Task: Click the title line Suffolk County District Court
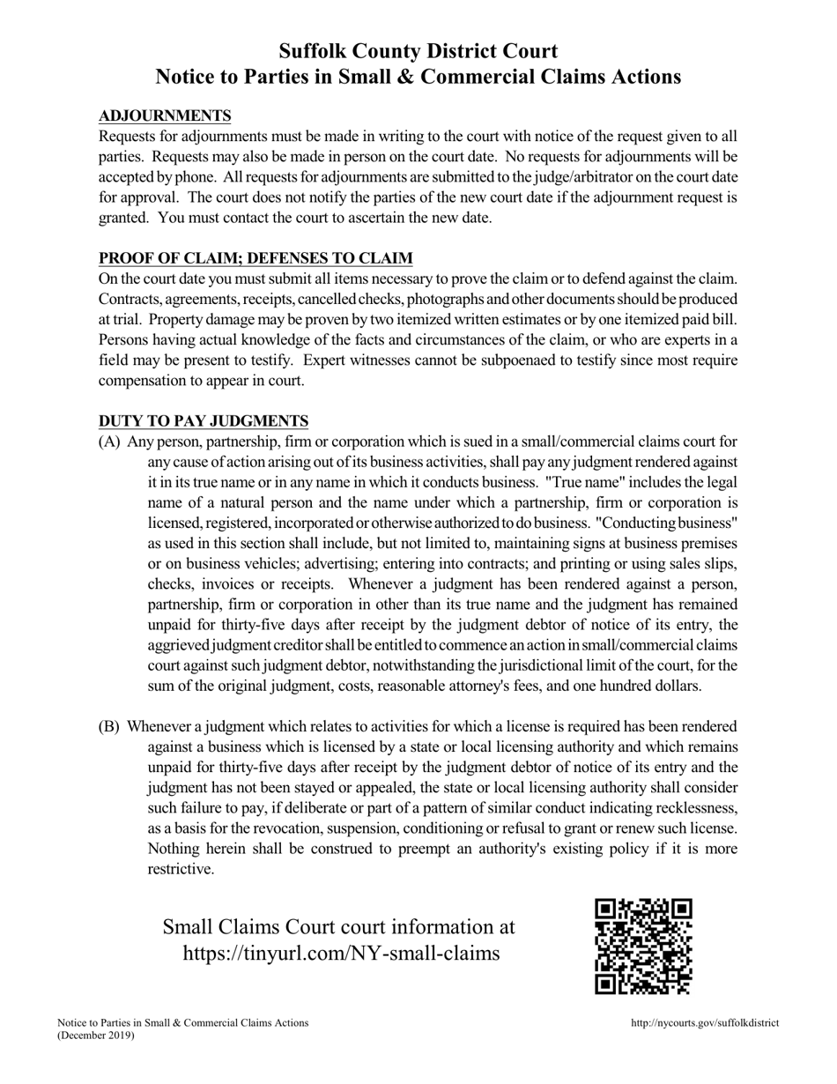click(x=418, y=51)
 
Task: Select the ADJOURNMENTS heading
click(x=165, y=116)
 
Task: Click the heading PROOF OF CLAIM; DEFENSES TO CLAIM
click(x=256, y=258)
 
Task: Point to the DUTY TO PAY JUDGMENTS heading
click(x=204, y=421)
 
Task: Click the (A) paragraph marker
click(x=109, y=442)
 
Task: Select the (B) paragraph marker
click(x=109, y=727)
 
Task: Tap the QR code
click(x=643, y=946)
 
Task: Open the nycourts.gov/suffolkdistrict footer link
click(x=705, y=1023)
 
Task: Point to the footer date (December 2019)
click(x=96, y=1036)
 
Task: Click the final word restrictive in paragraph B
click(x=181, y=869)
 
